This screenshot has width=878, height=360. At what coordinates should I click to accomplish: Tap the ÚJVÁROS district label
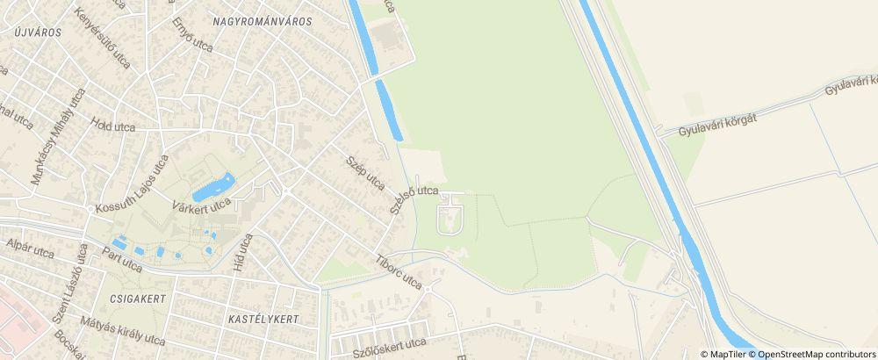pos(37,32)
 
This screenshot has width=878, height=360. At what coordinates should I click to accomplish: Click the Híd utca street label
pos(242,252)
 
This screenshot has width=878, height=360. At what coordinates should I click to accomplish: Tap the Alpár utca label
pos(30,250)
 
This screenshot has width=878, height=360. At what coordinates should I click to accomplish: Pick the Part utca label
pos(121,260)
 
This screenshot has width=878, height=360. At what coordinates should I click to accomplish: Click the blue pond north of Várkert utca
pos(213,186)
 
